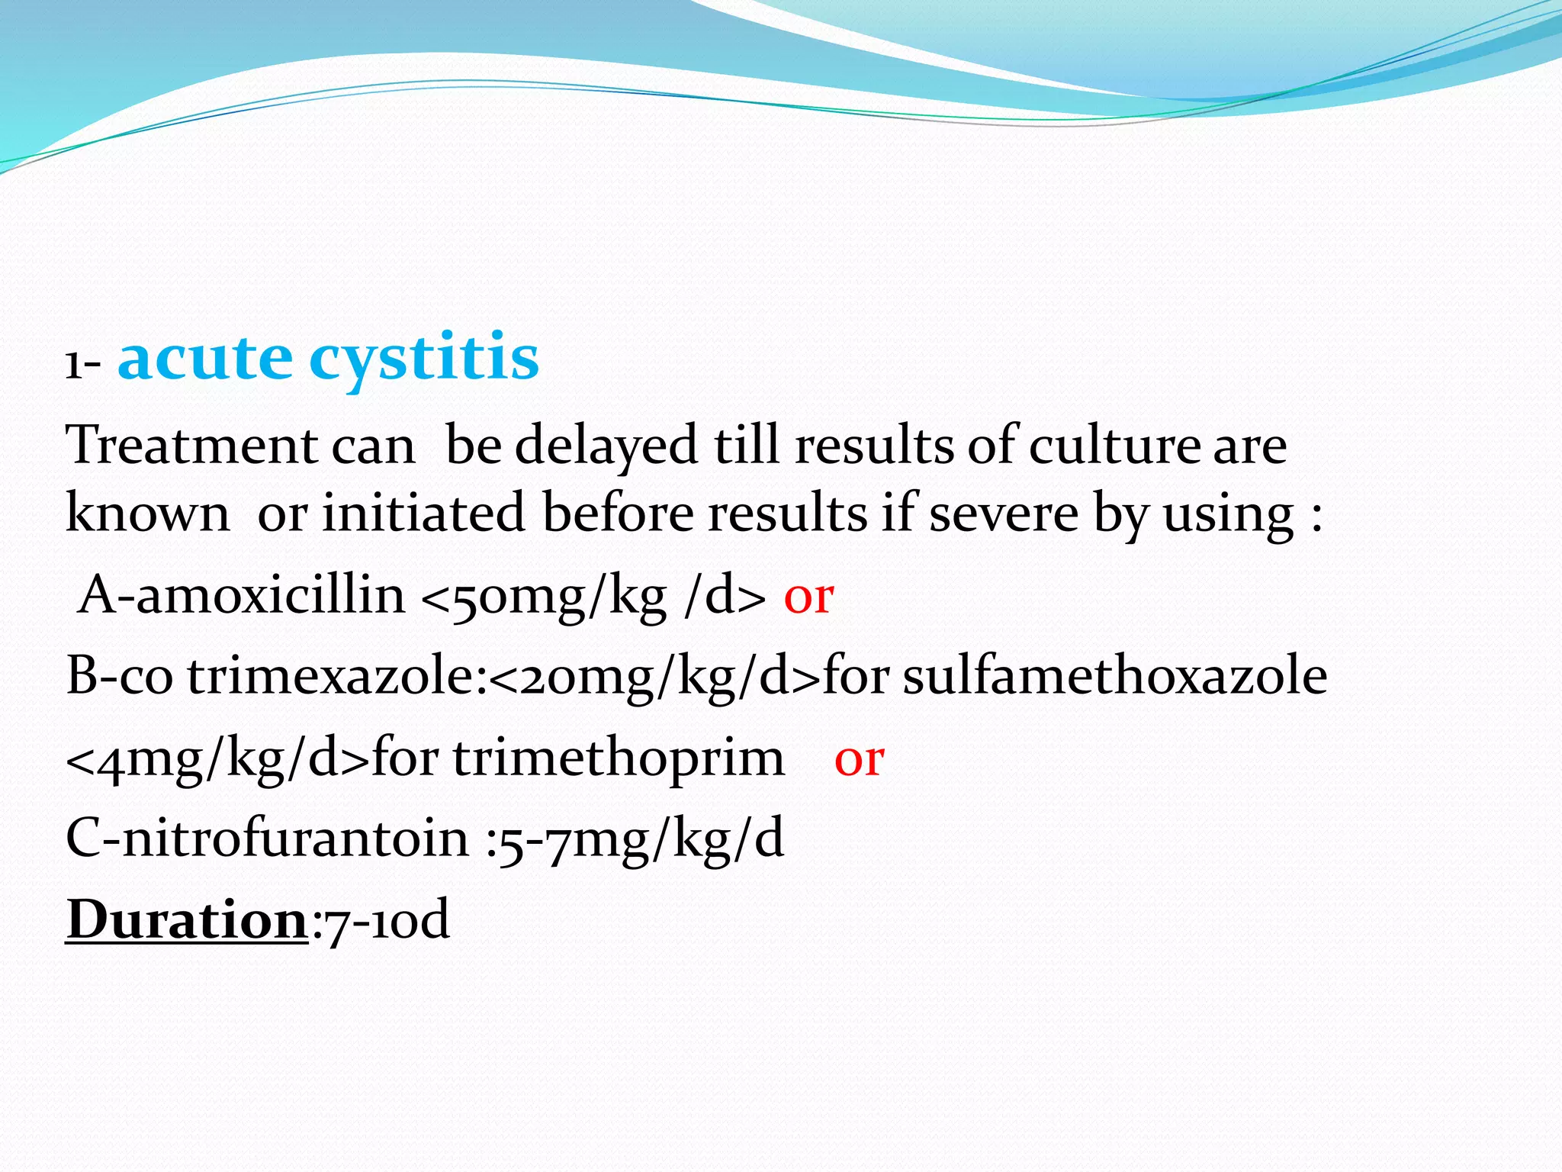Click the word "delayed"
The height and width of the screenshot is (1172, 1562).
606,446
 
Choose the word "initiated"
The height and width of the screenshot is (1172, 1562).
423,513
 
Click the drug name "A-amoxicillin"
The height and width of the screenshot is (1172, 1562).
242,596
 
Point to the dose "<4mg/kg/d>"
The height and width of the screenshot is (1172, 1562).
218,760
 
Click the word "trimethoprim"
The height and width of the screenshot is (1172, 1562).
619,760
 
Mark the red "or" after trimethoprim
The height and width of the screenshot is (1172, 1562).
859,760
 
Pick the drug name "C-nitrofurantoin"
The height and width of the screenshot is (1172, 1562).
268,839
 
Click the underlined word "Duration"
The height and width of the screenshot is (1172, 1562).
187,920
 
